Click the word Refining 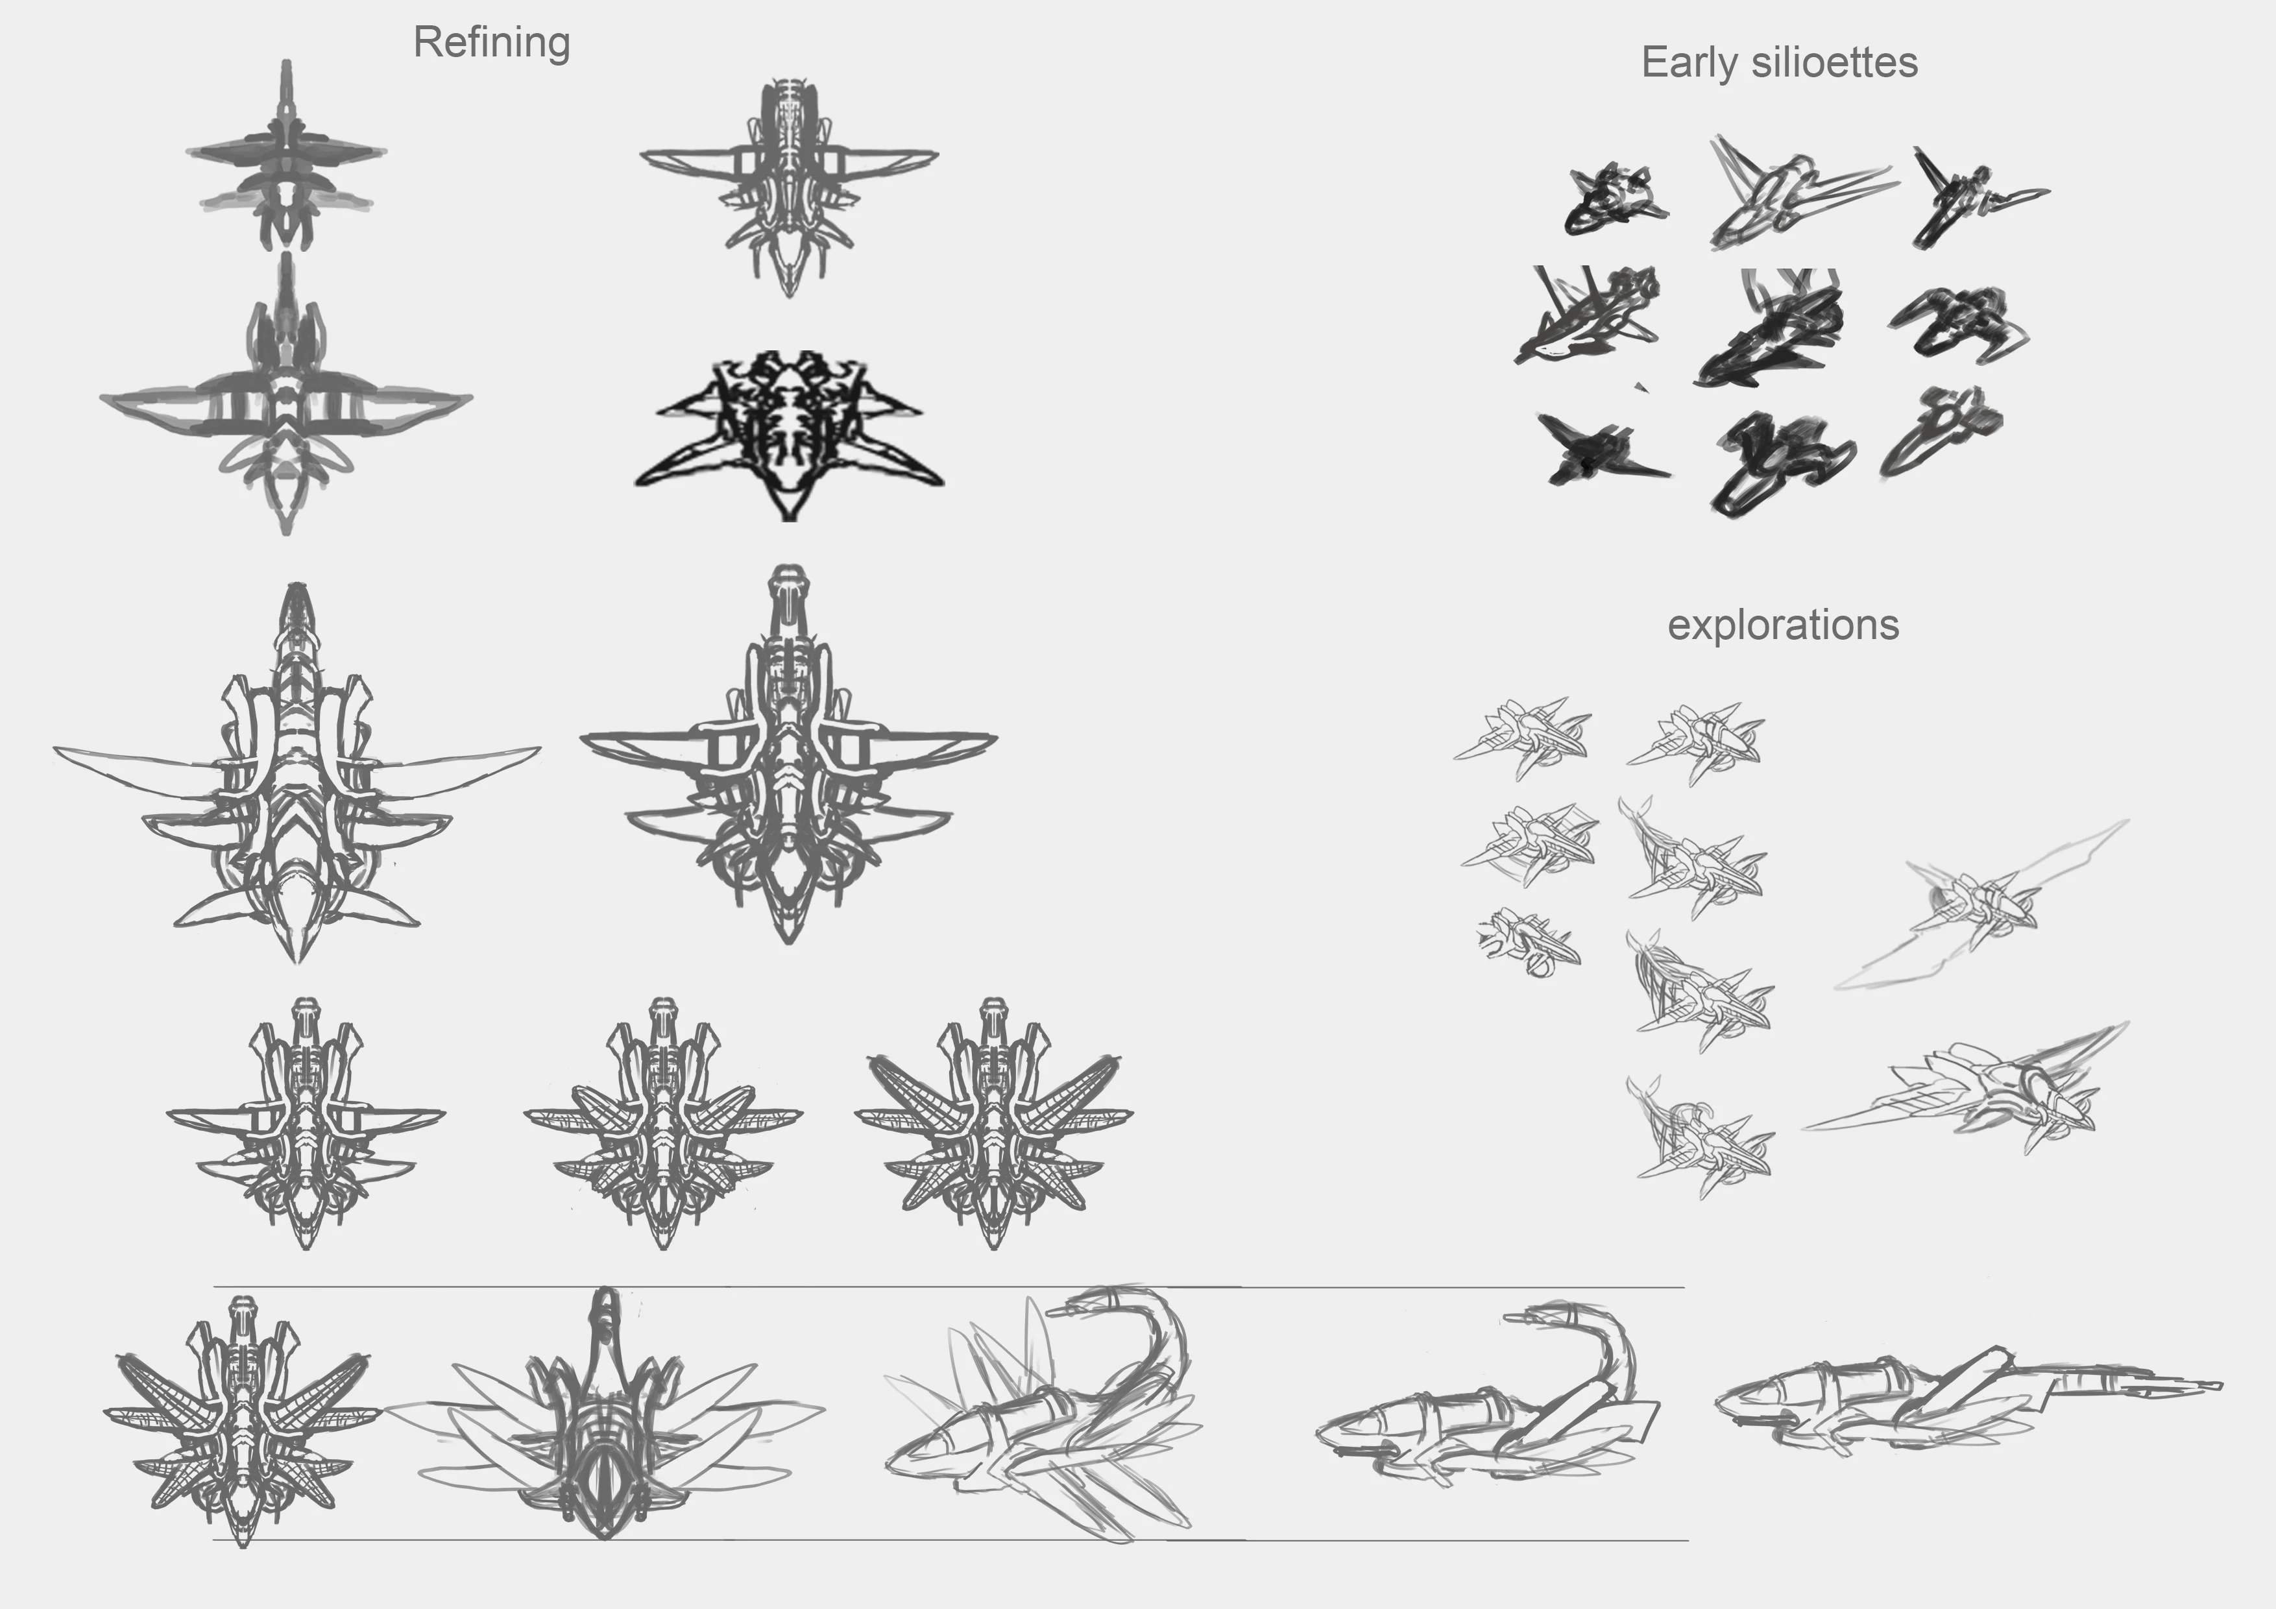tap(492, 43)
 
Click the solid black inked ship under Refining tap(789, 434)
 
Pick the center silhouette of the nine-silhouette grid tap(1769, 327)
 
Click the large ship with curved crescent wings tap(297, 773)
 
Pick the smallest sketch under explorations tap(1527, 942)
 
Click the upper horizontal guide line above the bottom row tap(949, 1287)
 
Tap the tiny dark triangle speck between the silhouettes tap(1641, 387)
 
